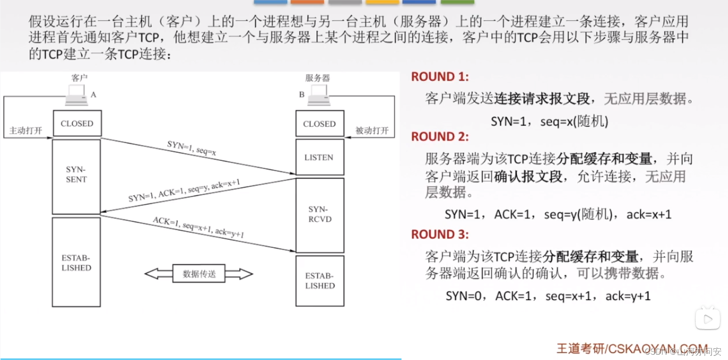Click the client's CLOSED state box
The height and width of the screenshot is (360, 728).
[x=77, y=123]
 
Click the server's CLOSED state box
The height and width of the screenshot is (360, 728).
[x=319, y=124]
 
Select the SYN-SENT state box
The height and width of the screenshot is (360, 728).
[x=76, y=176]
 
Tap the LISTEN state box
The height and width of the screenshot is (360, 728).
[x=319, y=157]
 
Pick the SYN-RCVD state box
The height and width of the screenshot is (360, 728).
[x=320, y=215]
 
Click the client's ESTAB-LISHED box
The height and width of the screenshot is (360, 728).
[x=76, y=263]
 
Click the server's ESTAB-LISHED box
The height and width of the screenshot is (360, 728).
[x=320, y=281]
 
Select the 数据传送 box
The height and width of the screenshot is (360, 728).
[x=199, y=274]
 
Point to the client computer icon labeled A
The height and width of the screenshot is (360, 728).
[x=77, y=95]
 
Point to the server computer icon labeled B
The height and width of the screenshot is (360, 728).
[x=319, y=95]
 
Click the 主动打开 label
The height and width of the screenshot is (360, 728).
[x=26, y=130]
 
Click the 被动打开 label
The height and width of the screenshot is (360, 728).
[x=372, y=130]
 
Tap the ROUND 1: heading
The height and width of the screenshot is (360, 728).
[x=440, y=77]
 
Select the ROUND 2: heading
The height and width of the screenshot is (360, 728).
[x=440, y=136]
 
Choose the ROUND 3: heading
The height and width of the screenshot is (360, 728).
[x=440, y=234]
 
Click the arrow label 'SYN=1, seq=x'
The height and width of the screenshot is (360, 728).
[x=191, y=148]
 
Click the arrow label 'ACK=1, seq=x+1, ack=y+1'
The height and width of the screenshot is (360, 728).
[x=198, y=227]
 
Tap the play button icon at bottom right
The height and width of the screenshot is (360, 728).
[x=708, y=319]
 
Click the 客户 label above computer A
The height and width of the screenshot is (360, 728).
[x=79, y=78]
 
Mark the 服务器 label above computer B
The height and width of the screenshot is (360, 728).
[x=317, y=78]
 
